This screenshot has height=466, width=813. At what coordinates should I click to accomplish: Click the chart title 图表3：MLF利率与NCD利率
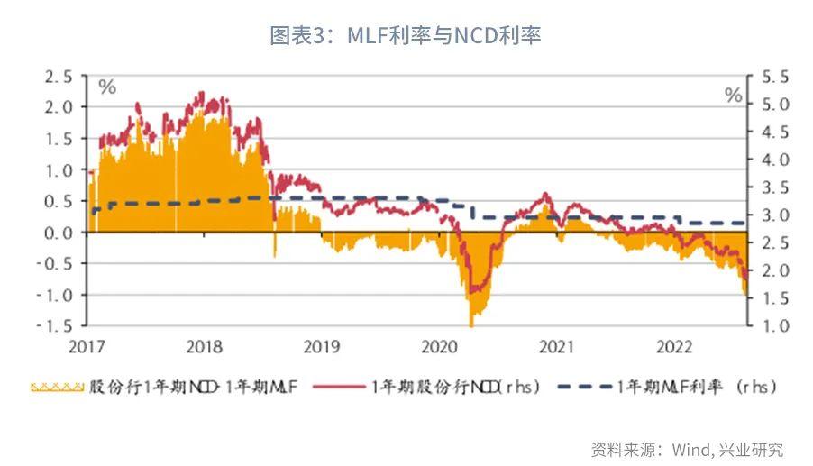pos(406,35)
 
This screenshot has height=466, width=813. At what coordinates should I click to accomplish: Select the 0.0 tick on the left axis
pos(59,233)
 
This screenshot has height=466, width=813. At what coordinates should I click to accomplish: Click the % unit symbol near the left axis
pos(107,87)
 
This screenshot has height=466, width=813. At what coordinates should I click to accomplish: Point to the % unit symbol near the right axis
pos(734,96)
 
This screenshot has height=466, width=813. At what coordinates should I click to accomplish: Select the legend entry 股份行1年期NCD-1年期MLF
pos(171,388)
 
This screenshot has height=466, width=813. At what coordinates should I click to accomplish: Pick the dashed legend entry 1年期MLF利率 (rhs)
pos(667,388)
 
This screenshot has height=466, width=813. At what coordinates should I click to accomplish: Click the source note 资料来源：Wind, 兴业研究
pos(687,448)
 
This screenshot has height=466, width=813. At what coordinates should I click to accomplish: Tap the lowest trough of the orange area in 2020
pos(470,324)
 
